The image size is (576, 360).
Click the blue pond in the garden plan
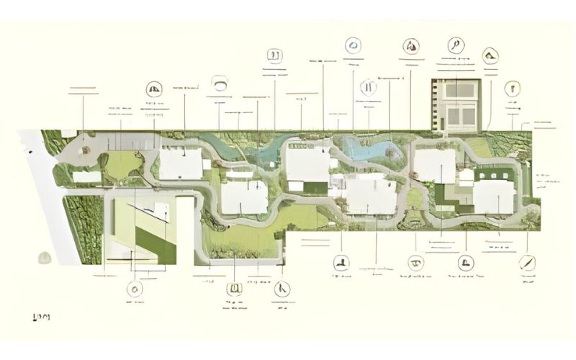(x=369, y=149)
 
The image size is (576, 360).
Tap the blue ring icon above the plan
(x=353, y=45)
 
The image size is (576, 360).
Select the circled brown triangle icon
(x=410, y=45)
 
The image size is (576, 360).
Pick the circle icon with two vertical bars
(x=369, y=88)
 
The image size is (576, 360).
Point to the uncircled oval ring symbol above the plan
(x=220, y=84)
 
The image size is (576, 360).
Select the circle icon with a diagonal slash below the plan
(x=527, y=263)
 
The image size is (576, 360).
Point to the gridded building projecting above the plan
(x=454, y=104)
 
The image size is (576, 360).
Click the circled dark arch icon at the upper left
(x=153, y=89)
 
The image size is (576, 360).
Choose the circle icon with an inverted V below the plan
(x=282, y=289)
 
